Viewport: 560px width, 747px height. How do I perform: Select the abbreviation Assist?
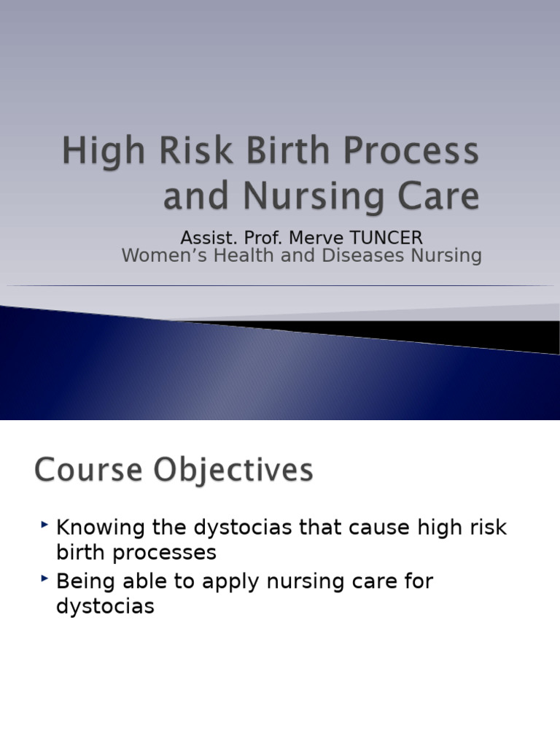click(203, 238)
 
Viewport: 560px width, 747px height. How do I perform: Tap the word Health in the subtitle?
click(239, 255)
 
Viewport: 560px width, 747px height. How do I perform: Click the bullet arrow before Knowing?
click(45, 524)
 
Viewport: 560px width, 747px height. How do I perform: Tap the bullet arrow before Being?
click(45, 578)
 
